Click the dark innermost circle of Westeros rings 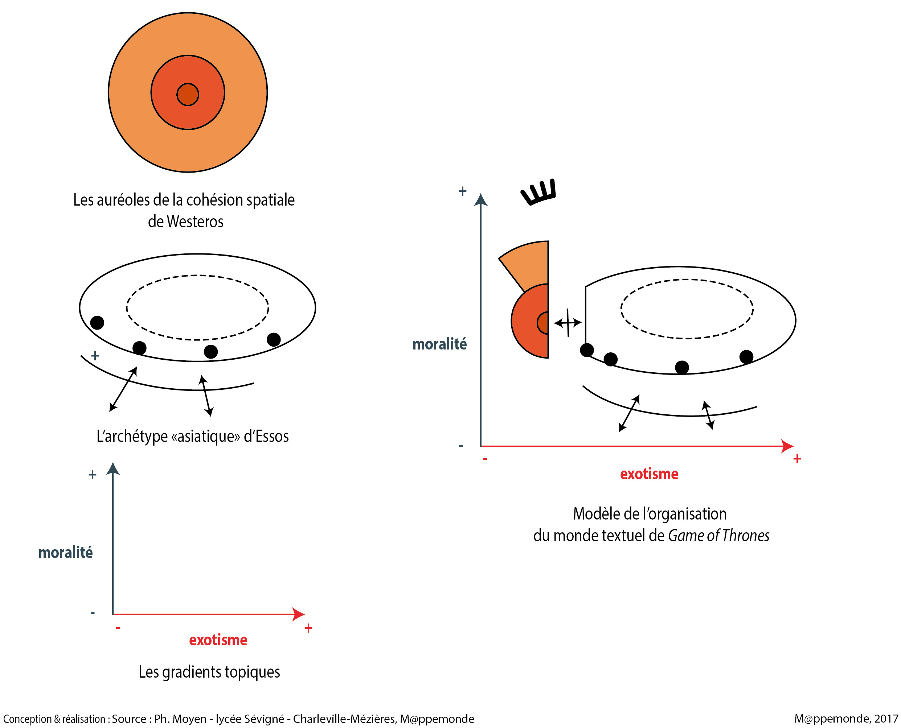point(188,94)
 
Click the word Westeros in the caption point(195,222)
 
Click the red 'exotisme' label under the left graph point(218,640)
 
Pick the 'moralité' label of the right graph point(439,344)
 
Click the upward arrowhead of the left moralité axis point(113,469)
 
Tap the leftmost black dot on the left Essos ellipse point(97,322)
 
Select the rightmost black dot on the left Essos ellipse point(274,339)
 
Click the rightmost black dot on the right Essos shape point(746,357)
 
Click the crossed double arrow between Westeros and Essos point(568,322)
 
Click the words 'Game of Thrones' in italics point(718,536)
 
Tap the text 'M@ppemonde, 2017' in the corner point(845,719)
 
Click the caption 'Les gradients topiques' point(209,672)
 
